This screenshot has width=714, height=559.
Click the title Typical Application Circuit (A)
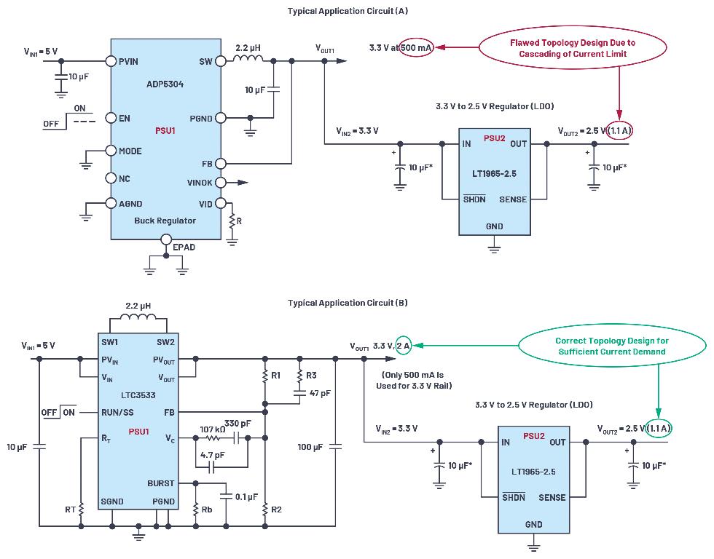[348, 11]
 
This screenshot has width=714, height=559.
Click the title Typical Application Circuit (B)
[348, 303]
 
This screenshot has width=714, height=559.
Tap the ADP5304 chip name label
[165, 84]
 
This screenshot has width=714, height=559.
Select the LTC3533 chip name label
[138, 395]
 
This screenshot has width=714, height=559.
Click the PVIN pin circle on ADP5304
[111, 61]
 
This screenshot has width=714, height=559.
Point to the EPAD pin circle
[166, 239]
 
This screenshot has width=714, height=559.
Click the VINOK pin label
[200, 183]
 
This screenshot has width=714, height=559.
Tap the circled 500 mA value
[416, 47]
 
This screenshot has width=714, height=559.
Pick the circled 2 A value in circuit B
[404, 346]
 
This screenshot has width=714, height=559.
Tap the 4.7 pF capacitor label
[212, 455]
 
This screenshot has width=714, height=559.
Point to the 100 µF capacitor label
[310, 447]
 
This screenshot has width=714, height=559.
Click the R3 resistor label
[311, 376]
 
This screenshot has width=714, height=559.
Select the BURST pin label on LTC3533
[161, 483]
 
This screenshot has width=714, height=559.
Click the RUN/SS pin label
[117, 413]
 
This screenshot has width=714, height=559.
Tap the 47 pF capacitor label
[320, 393]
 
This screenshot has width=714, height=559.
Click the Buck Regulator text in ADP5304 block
[165, 221]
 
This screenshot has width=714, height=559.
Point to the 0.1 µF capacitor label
[246, 496]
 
